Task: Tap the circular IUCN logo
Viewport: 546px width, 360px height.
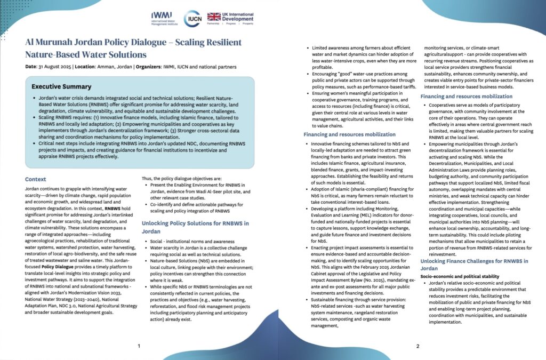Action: (192, 18)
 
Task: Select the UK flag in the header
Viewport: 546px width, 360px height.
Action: (214, 17)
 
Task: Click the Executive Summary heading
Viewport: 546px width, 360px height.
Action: (61, 86)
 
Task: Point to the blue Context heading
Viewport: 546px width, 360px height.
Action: (36, 179)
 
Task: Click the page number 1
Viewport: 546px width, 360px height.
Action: (139, 346)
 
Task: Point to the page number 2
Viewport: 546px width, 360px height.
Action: (417, 346)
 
